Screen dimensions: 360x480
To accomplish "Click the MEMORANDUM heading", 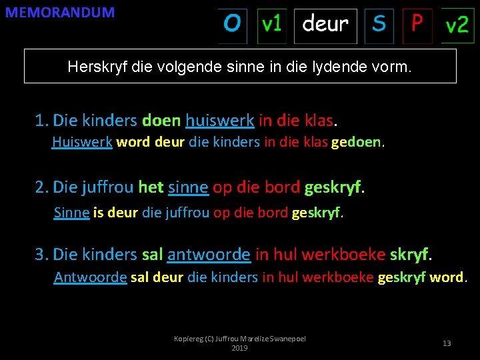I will (x=60, y=12).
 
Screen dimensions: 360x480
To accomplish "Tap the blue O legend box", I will (x=232, y=25).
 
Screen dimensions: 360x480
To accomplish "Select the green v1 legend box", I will (x=271, y=25).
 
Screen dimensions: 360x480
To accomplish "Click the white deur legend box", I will (x=325, y=25).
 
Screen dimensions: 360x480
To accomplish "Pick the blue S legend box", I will (x=379, y=25).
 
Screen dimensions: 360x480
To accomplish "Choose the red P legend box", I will (x=417, y=25).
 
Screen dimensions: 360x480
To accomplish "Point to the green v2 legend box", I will (x=457, y=26).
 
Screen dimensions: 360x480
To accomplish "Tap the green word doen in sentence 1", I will (x=161, y=121).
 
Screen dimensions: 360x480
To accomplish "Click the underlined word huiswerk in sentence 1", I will (x=220, y=121).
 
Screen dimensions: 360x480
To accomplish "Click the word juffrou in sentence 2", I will (x=107, y=187).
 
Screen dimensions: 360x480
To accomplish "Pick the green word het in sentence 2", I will (x=151, y=187).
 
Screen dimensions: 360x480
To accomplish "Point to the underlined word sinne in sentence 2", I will (x=189, y=187).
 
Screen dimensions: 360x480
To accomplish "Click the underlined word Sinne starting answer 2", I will (x=71, y=213).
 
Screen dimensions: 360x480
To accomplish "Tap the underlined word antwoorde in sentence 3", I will (x=209, y=254).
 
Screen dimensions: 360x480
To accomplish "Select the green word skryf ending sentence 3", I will (x=409, y=254).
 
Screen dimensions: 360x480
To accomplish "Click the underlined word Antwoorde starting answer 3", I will (x=90, y=277).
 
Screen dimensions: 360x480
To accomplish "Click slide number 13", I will (x=447, y=343).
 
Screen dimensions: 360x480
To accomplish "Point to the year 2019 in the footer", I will (x=239, y=348).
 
